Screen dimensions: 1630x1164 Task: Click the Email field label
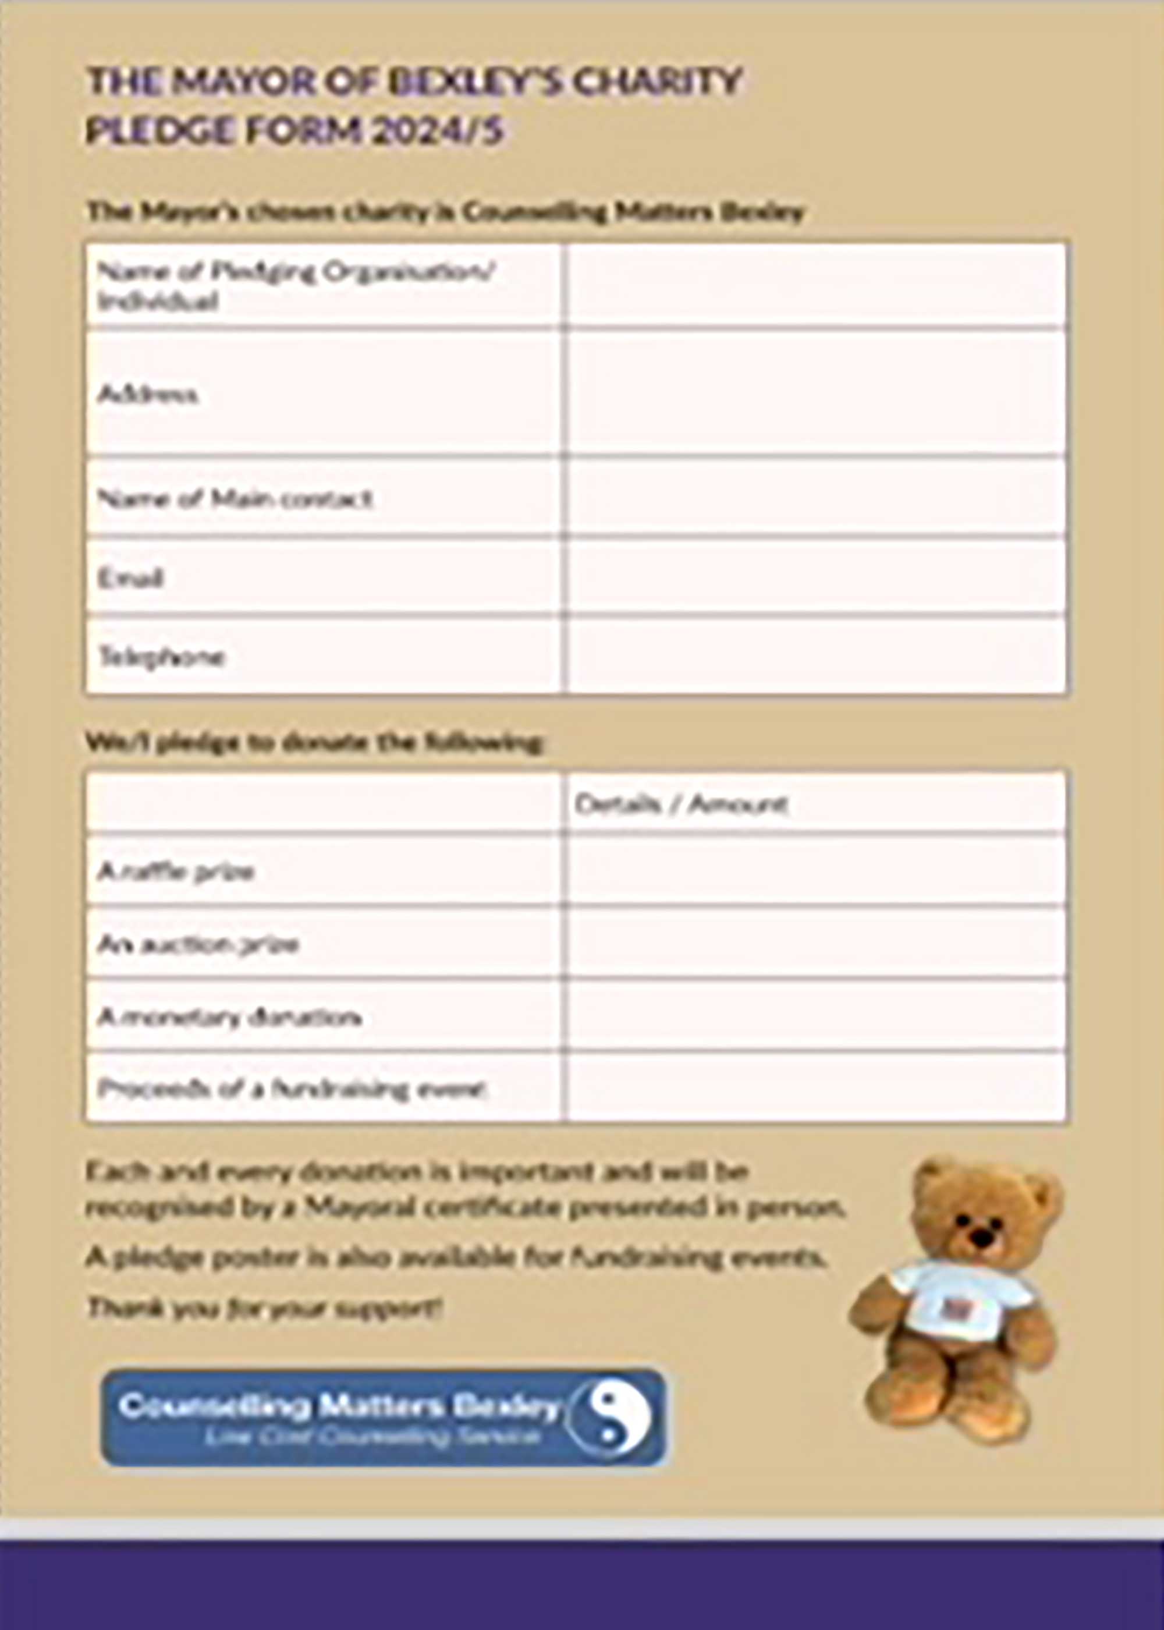pyautogui.click(x=130, y=577)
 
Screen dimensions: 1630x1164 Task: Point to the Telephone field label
pyautogui.click(x=161, y=656)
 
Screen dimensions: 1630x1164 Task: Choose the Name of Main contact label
pyautogui.click(x=235, y=498)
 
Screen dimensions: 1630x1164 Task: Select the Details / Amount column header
pyautogui.click(x=680, y=805)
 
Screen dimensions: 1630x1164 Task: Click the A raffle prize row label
pyautogui.click(x=176, y=871)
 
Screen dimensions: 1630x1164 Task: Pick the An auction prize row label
pyautogui.click(x=197, y=944)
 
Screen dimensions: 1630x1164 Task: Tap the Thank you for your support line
pyautogui.click(x=264, y=1309)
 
